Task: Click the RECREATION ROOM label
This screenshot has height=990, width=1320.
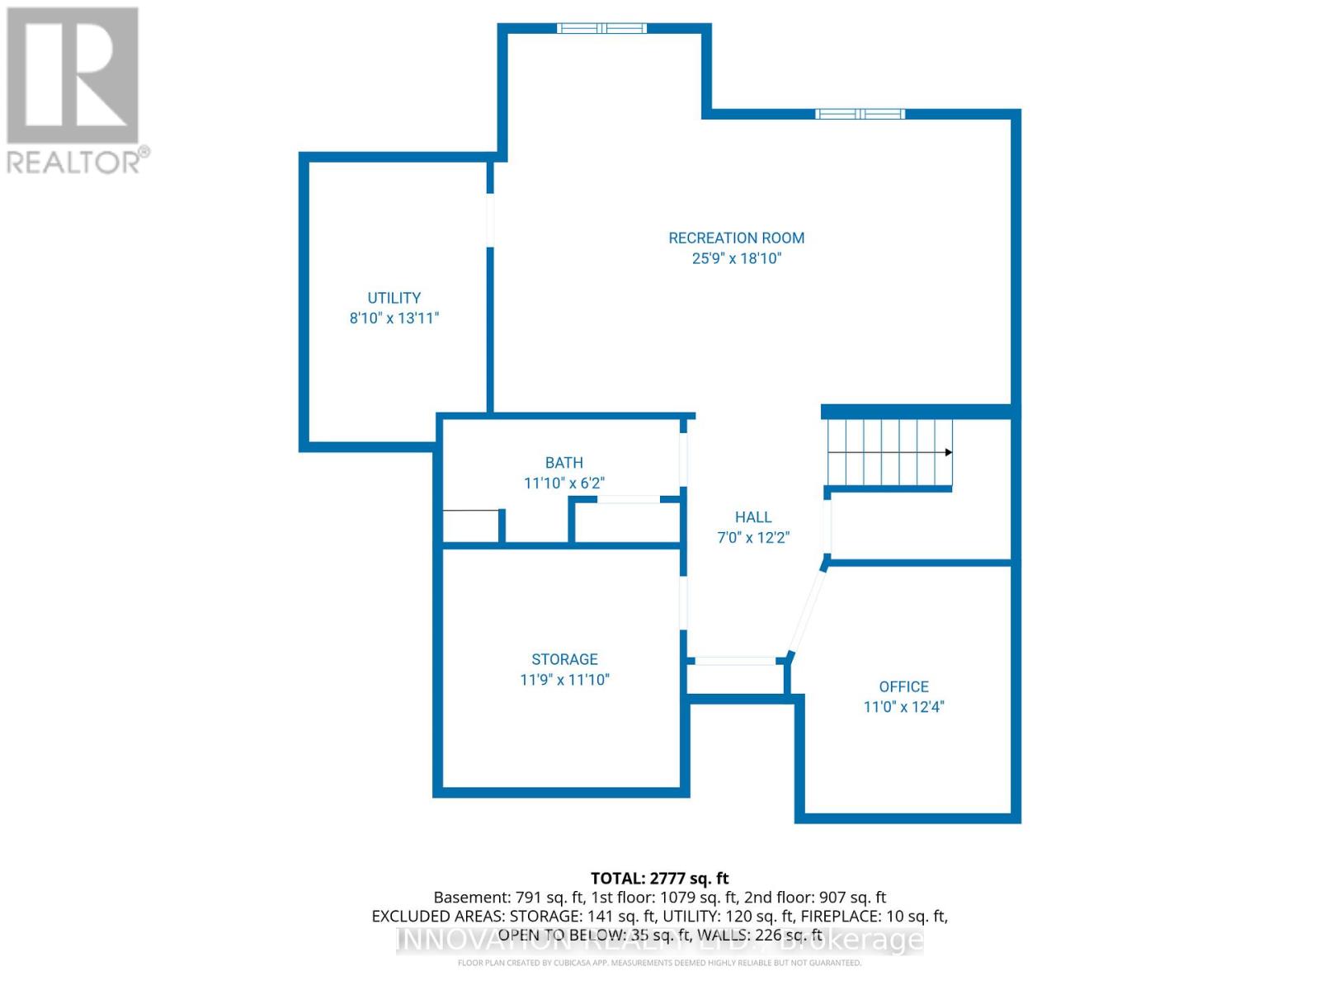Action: (x=736, y=238)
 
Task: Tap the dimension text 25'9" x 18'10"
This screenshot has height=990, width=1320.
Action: (x=736, y=258)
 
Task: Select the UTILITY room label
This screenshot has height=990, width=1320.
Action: (x=394, y=298)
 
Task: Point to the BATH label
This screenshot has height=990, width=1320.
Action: (x=563, y=463)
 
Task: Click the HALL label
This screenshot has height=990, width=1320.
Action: (x=752, y=517)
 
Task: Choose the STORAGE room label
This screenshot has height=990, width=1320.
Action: (x=564, y=659)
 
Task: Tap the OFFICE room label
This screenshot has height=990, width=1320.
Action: (x=903, y=686)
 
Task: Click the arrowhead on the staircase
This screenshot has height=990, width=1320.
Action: (x=948, y=452)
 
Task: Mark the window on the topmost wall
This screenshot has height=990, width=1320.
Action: (x=601, y=28)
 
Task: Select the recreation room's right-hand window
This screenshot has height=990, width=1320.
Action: (x=860, y=114)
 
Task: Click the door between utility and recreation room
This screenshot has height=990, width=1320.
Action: (x=490, y=219)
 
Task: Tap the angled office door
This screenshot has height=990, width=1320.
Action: (x=807, y=610)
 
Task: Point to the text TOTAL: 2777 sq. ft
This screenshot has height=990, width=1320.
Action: (x=659, y=879)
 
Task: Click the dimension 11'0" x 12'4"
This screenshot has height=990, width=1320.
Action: (x=903, y=707)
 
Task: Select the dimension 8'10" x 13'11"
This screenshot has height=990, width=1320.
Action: (x=394, y=318)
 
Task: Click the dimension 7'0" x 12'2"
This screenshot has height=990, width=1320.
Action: (x=752, y=538)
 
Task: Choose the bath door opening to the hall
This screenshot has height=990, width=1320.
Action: (x=683, y=458)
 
